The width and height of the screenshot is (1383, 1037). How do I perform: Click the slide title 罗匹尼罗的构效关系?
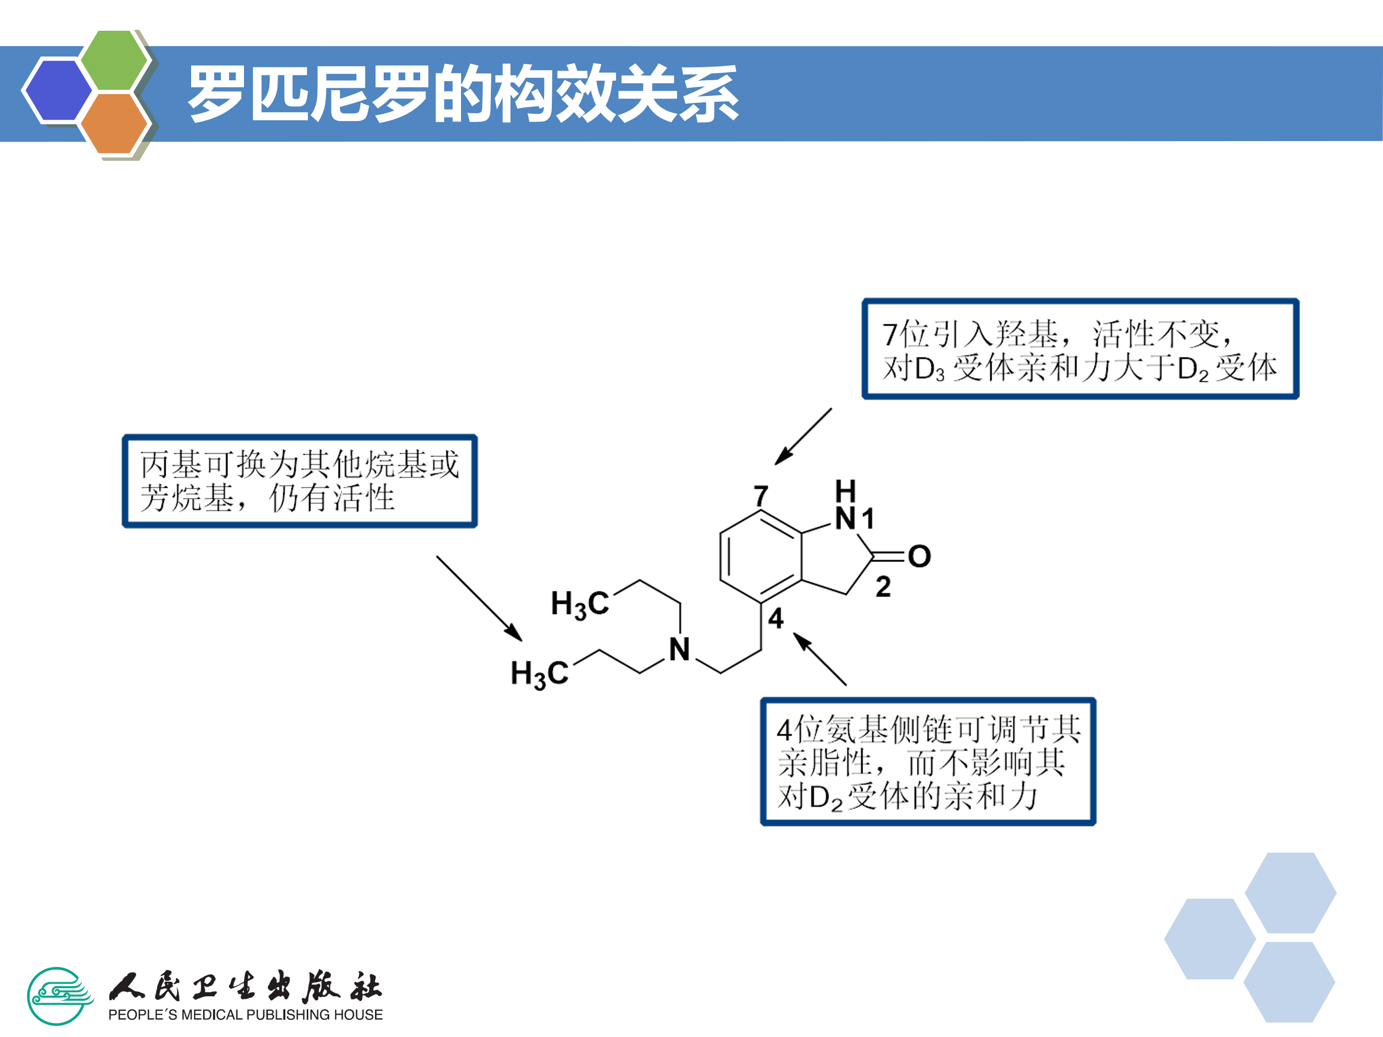pyautogui.click(x=462, y=94)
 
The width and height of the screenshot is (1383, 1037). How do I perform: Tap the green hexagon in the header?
pyautogui.click(x=114, y=60)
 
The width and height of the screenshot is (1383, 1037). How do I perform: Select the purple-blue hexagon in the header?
pyautogui.click(x=58, y=89)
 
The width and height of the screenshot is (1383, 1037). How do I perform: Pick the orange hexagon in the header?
pyautogui.click(x=114, y=123)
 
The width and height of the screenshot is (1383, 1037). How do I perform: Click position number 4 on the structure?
pyautogui.click(x=776, y=618)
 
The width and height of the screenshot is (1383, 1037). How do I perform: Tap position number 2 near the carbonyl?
pyautogui.click(x=883, y=586)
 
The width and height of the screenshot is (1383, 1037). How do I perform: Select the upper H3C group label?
pyautogui.click(x=580, y=604)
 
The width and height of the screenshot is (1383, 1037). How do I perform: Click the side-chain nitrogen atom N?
pyautogui.click(x=679, y=650)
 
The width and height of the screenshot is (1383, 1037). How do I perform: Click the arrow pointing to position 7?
pyautogui.click(x=803, y=436)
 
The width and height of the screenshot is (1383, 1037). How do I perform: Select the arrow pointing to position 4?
pyautogui.click(x=820, y=660)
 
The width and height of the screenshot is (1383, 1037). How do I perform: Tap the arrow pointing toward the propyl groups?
pyautogui.click(x=479, y=598)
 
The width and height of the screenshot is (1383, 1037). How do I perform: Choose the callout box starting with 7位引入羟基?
pyautogui.click(x=1080, y=349)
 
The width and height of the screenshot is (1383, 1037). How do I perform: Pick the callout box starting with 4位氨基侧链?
pyautogui.click(x=928, y=761)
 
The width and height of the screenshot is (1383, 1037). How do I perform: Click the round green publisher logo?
pyautogui.click(x=58, y=996)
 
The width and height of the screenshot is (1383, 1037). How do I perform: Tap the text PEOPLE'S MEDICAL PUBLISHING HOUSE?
pyautogui.click(x=245, y=1014)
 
